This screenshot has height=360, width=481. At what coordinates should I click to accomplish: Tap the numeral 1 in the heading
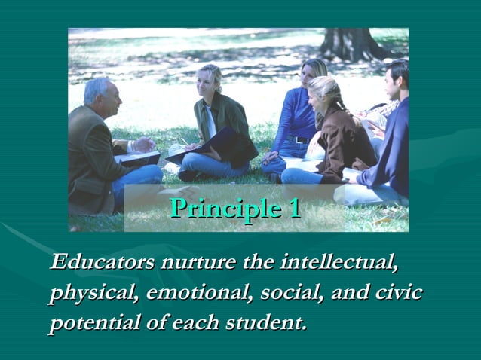click(x=293, y=208)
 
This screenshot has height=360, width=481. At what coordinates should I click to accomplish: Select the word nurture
click(x=197, y=263)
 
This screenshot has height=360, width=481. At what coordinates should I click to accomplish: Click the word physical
click(x=90, y=293)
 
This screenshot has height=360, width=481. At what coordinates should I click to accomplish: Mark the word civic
click(x=397, y=293)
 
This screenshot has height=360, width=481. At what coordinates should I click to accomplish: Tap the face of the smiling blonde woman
click(x=206, y=81)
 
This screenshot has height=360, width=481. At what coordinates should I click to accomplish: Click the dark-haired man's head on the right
click(x=397, y=77)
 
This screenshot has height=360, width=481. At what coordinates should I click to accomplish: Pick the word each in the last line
click(x=194, y=324)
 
